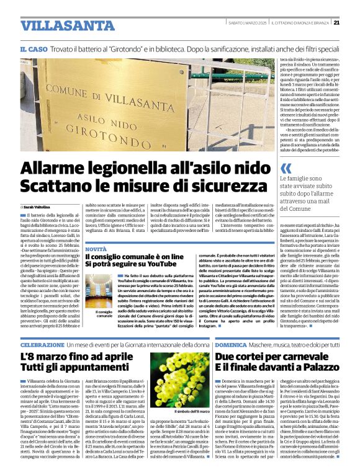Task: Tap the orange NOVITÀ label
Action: (x=96, y=248)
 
